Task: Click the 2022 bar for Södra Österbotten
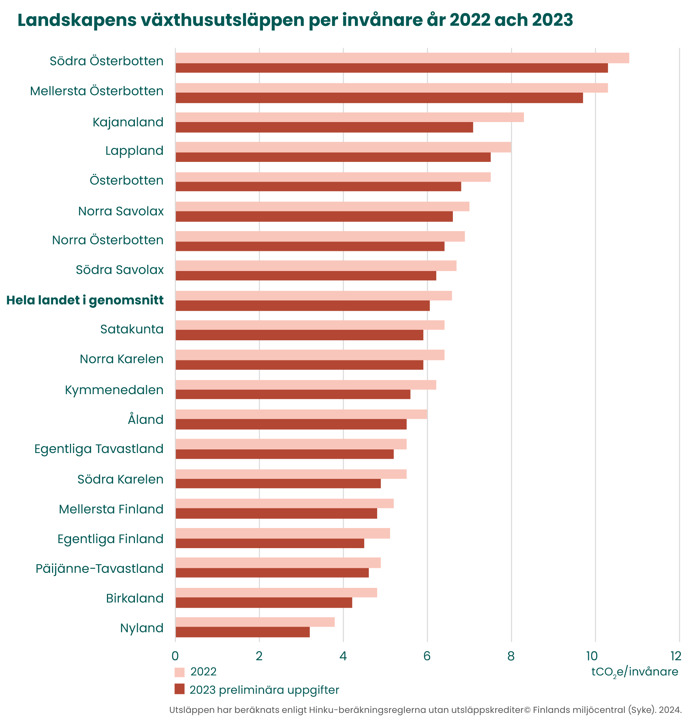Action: click(402, 58)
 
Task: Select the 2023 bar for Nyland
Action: click(242, 632)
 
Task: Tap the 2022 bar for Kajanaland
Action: click(349, 117)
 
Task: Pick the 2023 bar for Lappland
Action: click(333, 157)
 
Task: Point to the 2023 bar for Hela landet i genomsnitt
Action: click(302, 305)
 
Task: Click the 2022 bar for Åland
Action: click(301, 414)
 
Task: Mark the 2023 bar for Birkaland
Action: click(264, 603)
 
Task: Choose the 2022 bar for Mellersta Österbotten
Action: click(391, 88)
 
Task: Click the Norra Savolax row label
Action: click(121, 211)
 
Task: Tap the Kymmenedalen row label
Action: click(114, 390)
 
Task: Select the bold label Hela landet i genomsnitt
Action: click(85, 300)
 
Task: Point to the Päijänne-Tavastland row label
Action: click(99, 569)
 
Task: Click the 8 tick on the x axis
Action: click(511, 656)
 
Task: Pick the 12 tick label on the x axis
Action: click(675, 656)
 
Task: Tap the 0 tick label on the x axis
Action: click(175, 656)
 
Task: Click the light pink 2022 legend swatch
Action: click(179, 672)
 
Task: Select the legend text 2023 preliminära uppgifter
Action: click(264, 690)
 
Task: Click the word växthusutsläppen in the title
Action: click(222, 20)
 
